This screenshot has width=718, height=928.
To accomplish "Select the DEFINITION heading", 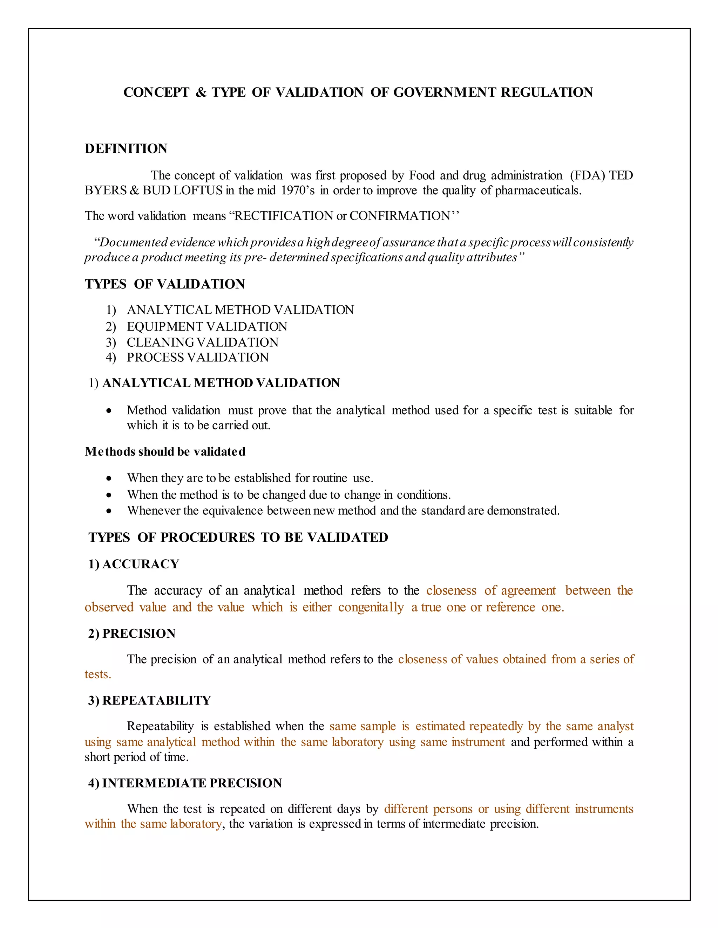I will (x=126, y=149).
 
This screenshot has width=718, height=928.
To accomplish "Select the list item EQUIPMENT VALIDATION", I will (x=207, y=326).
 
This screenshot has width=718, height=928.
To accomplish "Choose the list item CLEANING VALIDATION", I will (x=203, y=342).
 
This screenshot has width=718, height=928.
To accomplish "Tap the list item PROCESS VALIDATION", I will (x=197, y=357).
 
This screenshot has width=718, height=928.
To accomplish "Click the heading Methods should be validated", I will (x=165, y=451).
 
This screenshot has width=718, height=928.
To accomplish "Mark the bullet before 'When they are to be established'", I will (x=109, y=478).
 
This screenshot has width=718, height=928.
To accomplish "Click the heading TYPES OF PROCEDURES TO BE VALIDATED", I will (x=238, y=538).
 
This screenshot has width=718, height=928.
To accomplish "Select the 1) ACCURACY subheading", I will (x=134, y=564).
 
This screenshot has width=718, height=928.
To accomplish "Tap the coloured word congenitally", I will (x=371, y=607).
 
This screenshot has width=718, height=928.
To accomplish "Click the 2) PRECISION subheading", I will (x=131, y=633).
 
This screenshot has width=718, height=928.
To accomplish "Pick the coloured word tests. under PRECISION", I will (x=98, y=674).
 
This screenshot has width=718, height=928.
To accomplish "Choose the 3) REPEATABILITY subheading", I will (x=149, y=700).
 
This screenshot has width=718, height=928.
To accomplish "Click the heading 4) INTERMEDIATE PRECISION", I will (x=185, y=783).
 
